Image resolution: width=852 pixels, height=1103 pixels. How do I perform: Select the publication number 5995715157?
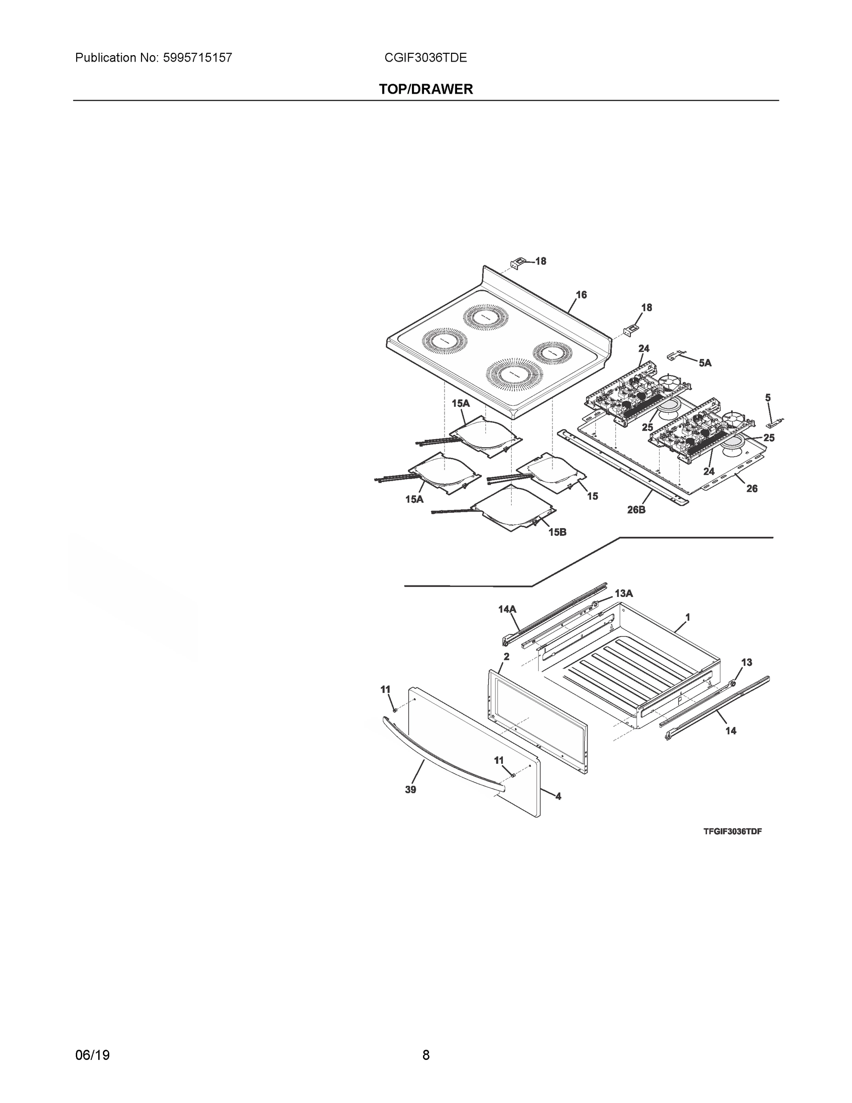(x=197, y=57)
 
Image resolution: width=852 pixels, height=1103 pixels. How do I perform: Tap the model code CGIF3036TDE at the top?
(x=425, y=57)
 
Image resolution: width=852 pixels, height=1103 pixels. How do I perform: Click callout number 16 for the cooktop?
(x=581, y=295)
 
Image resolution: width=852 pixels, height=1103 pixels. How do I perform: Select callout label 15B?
(x=557, y=532)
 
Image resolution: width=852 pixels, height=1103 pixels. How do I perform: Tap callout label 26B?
(x=636, y=510)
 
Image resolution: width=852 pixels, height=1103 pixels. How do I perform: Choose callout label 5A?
(x=705, y=363)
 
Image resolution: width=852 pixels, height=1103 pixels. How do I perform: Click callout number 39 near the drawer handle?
(x=410, y=790)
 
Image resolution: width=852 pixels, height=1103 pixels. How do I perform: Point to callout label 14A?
(x=507, y=609)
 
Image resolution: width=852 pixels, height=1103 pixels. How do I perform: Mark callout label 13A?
(x=624, y=593)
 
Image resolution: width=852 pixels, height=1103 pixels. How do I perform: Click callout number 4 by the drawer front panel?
(x=558, y=796)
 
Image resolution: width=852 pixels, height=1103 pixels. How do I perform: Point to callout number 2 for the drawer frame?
(x=506, y=657)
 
